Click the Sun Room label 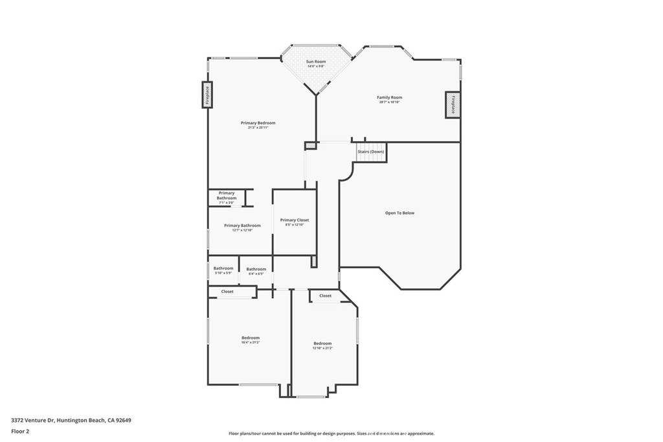(x=316, y=62)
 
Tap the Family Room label (x=390, y=98)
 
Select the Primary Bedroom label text (x=258, y=123)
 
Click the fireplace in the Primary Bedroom (x=207, y=95)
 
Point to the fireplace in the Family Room (x=453, y=104)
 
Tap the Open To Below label (x=399, y=213)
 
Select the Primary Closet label (x=294, y=220)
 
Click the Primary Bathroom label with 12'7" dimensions (x=242, y=226)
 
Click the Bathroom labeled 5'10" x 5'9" (x=223, y=268)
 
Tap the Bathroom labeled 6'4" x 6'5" (x=256, y=269)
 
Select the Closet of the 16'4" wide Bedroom (x=227, y=292)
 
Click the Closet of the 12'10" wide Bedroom (x=325, y=296)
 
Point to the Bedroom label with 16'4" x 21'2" (x=251, y=338)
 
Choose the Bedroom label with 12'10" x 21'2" (x=322, y=343)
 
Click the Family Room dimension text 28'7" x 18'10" (x=390, y=102)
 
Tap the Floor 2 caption (x=21, y=431)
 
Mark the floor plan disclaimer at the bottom (x=331, y=434)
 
